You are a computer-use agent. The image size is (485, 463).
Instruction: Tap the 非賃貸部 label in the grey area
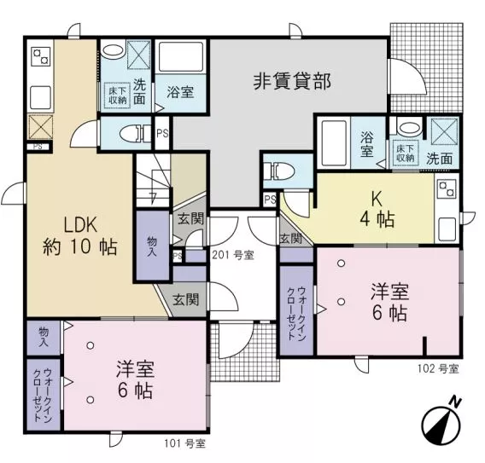pyautogui.click(x=292, y=81)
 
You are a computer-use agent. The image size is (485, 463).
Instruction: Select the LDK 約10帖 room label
pyautogui.click(x=80, y=236)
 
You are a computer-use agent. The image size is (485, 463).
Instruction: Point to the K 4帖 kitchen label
pyautogui.click(x=377, y=209)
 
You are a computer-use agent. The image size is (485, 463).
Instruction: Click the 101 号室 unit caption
pyautogui.click(x=184, y=443)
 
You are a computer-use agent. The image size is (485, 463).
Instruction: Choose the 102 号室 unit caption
pyautogui.click(x=438, y=368)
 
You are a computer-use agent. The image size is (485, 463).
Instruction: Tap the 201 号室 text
pyautogui.click(x=233, y=255)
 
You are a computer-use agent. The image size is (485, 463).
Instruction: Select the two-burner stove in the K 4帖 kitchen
pyautogui.click(x=447, y=189)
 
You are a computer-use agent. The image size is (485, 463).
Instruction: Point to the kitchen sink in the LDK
pyautogui.click(x=40, y=97)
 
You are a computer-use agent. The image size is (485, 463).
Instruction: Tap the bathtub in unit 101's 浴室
pyautogui.click(x=181, y=57)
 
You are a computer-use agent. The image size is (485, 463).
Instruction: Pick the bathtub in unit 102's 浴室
pyautogui.click(x=334, y=143)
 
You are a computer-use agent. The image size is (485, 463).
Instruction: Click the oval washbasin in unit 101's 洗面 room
pyautogui.click(x=113, y=50)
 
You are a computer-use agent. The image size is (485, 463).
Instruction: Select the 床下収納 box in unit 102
pyautogui.click(x=406, y=153)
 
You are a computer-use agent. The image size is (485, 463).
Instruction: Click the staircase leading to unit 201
pyautogui.click(x=154, y=180)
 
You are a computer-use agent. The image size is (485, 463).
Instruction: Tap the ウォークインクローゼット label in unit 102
pyautogui.click(x=296, y=314)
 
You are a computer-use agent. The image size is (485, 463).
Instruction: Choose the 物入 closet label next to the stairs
pyautogui.click(x=152, y=246)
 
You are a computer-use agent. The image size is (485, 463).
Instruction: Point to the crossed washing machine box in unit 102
pyautogui.click(x=444, y=131)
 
